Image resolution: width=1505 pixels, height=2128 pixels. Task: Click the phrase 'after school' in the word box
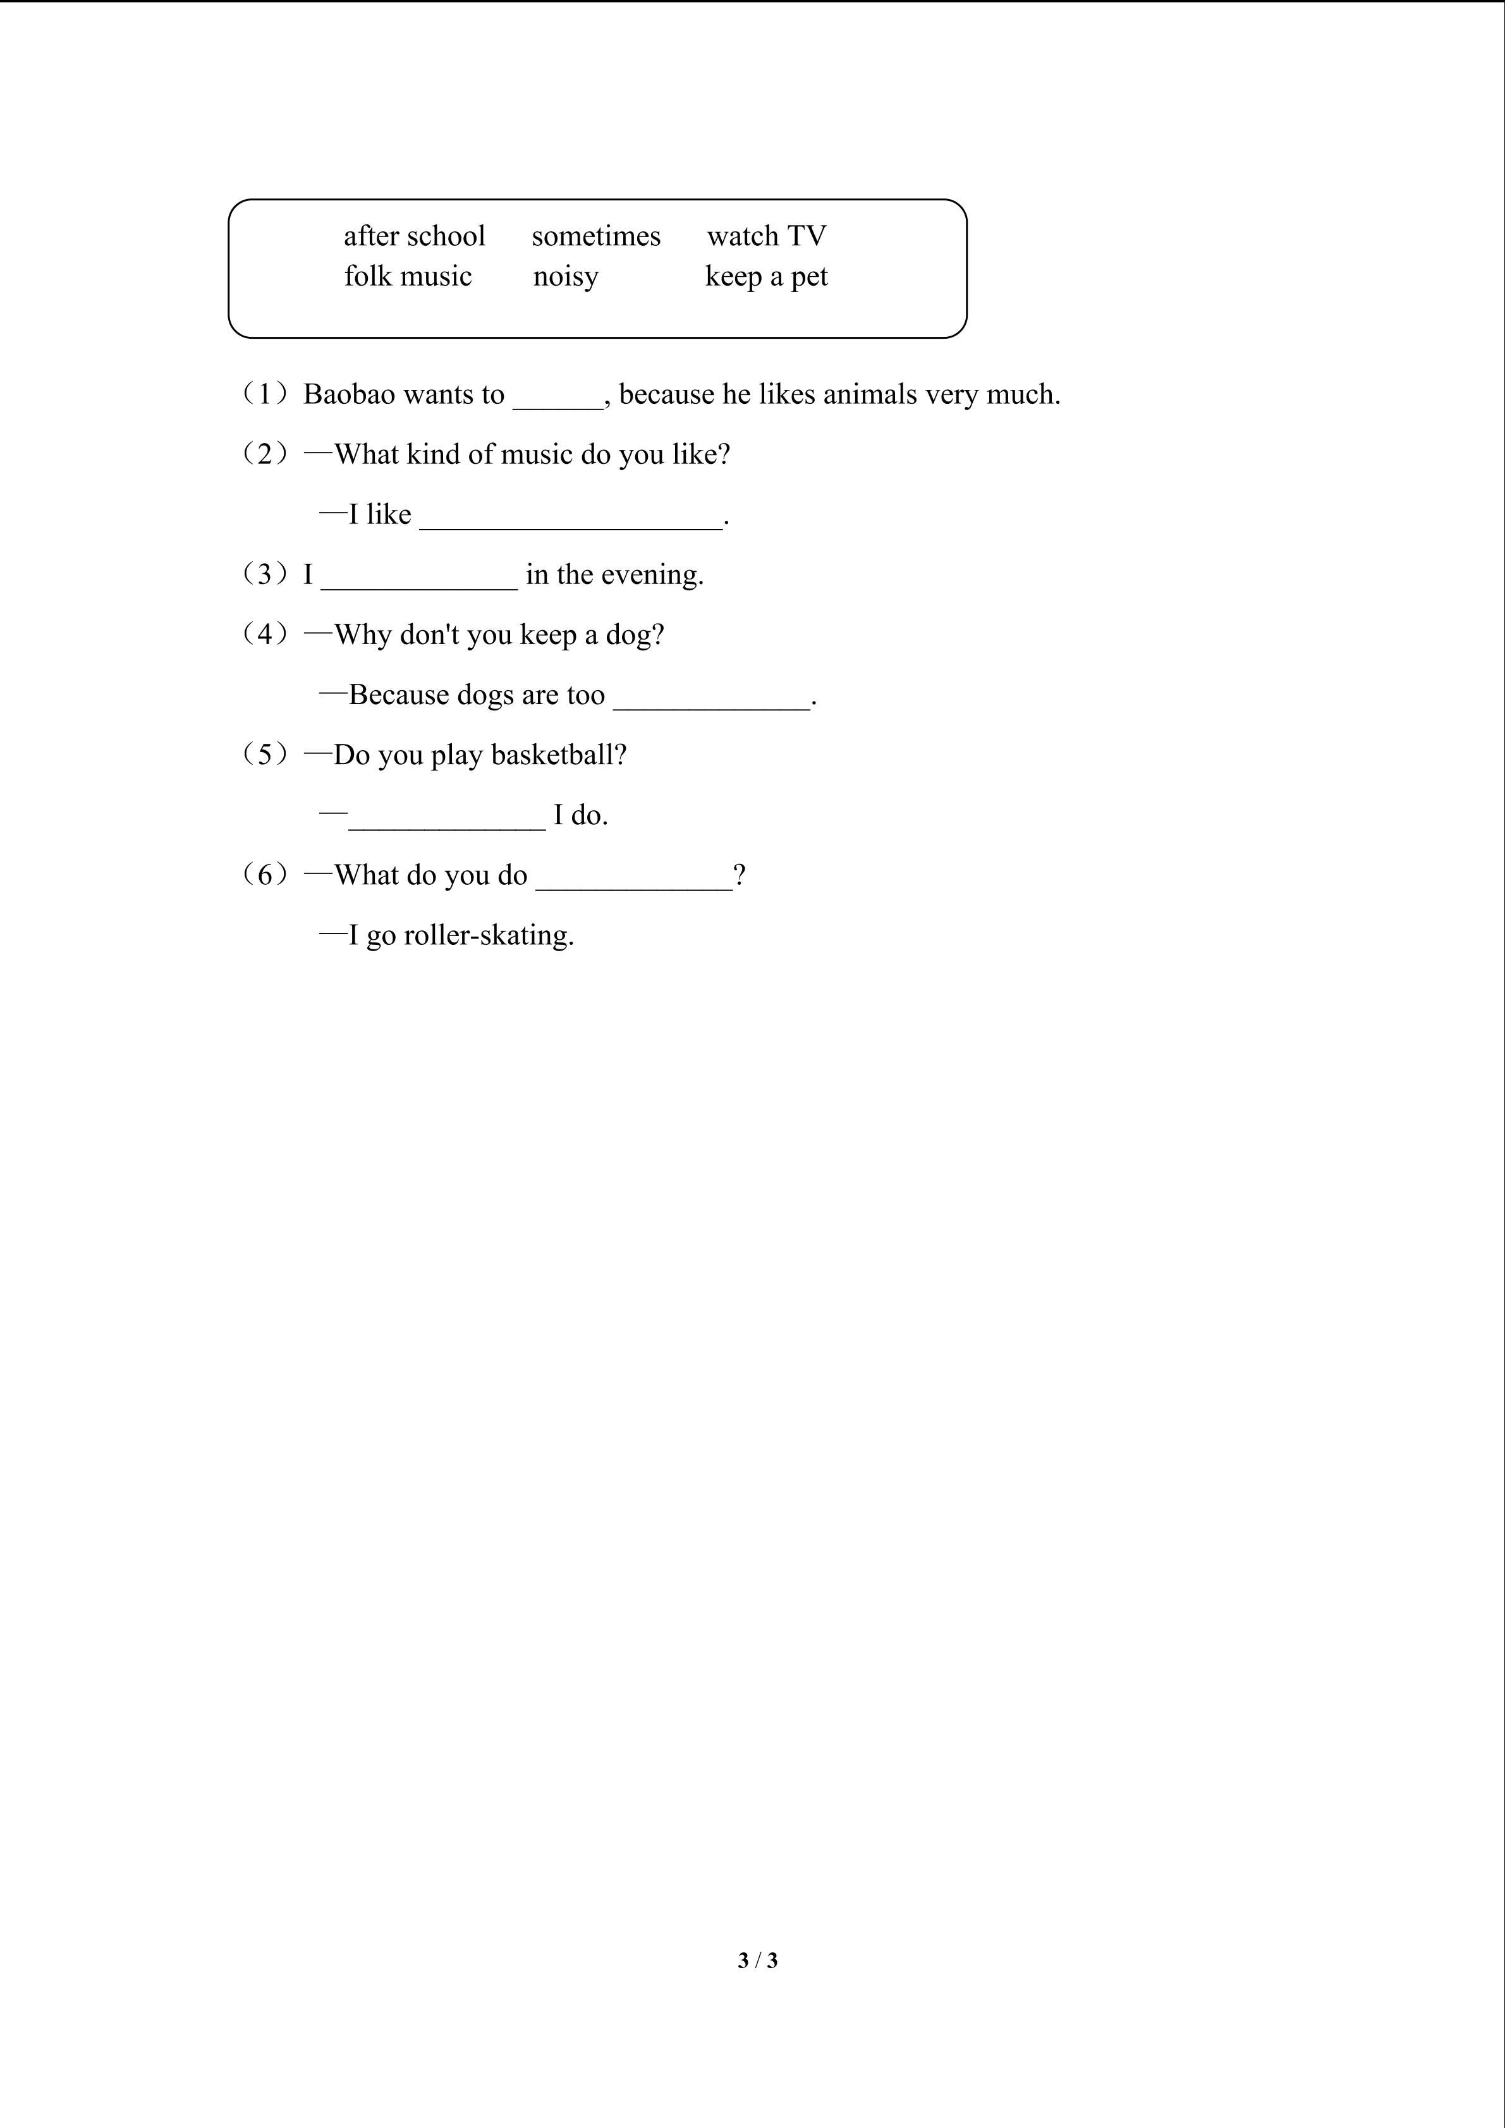click(x=414, y=236)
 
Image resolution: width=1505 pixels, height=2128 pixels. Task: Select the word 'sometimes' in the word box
click(x=596, y=236)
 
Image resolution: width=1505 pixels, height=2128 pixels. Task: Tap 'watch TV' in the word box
click(x=766, y=236)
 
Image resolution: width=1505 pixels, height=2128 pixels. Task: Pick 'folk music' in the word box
click(x=408, y=276)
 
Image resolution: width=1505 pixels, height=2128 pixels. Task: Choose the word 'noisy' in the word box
click(x=565, y=276)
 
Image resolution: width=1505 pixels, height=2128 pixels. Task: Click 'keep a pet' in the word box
click(x=766, y=276)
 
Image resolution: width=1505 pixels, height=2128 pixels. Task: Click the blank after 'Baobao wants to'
click(x=558, y=399)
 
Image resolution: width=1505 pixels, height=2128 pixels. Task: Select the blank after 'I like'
click(x=571, y=519)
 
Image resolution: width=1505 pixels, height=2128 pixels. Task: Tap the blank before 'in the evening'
click(x=419, y=580)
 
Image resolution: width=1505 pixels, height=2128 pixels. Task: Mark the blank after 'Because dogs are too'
click(x=712, y=700)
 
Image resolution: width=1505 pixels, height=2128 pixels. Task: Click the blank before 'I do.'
click(x=448, y=820)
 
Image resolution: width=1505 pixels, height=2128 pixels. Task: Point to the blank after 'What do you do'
click(x=635, y=880)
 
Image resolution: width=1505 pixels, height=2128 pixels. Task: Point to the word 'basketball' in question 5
click(x=559, y=755)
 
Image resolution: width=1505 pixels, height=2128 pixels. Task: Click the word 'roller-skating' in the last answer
click(x=489, y=935)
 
